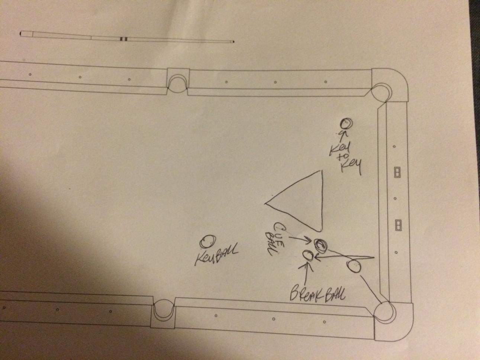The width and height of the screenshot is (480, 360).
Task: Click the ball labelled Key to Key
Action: (346, 124)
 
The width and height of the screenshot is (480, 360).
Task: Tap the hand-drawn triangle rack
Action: (322, 201)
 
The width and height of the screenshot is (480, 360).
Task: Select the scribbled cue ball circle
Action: (320, 245)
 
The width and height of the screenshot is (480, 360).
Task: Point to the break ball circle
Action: (308, 255)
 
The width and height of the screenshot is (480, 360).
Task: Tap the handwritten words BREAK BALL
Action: (318, 295)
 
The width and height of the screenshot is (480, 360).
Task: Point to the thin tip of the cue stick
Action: (233, 42)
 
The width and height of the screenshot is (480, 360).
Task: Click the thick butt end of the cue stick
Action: (21, 34)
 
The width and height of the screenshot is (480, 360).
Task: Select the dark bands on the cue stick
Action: (123, 39)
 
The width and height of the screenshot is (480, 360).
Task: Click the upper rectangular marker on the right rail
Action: (397, 172)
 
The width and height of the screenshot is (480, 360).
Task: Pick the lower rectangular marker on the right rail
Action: (398, 225)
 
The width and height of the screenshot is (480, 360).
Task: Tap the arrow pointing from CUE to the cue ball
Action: (301, 239)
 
